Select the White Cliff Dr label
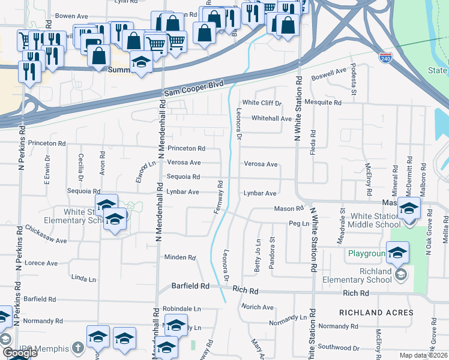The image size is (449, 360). point(262,103)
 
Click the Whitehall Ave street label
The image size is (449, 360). point(271,119)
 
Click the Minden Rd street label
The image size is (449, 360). point(181,257)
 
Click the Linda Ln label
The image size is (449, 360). point(83,279)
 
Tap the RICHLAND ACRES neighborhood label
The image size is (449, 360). point(376,313)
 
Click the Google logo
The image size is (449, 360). point(19,353)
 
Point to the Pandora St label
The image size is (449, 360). point(272,248)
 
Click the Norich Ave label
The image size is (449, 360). point(258,307)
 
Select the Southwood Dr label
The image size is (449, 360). point(339,347)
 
